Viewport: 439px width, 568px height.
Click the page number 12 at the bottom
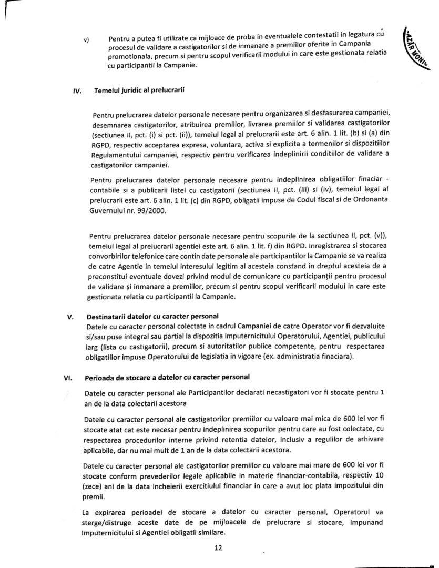click(x=219, y=547)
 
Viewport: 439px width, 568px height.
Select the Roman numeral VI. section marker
click(x=67, y=378)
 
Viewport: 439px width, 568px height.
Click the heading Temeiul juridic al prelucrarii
click(x=139, y=89)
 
